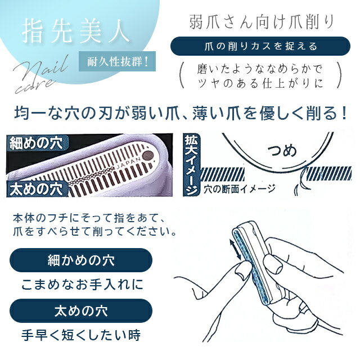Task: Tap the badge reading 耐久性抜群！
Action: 117,61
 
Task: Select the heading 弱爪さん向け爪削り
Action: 261,22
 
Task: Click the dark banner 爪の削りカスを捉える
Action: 260,46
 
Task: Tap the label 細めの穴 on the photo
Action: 37,143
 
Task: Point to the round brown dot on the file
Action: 148,156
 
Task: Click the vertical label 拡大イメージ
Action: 192,165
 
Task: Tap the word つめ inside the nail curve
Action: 282,151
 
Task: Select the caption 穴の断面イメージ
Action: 239,189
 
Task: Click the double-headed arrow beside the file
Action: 235,249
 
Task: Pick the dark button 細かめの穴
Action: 81,260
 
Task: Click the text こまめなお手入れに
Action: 83,285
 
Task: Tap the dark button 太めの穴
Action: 81,310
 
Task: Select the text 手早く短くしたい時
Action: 81,335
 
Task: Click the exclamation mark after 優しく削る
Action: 344,114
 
